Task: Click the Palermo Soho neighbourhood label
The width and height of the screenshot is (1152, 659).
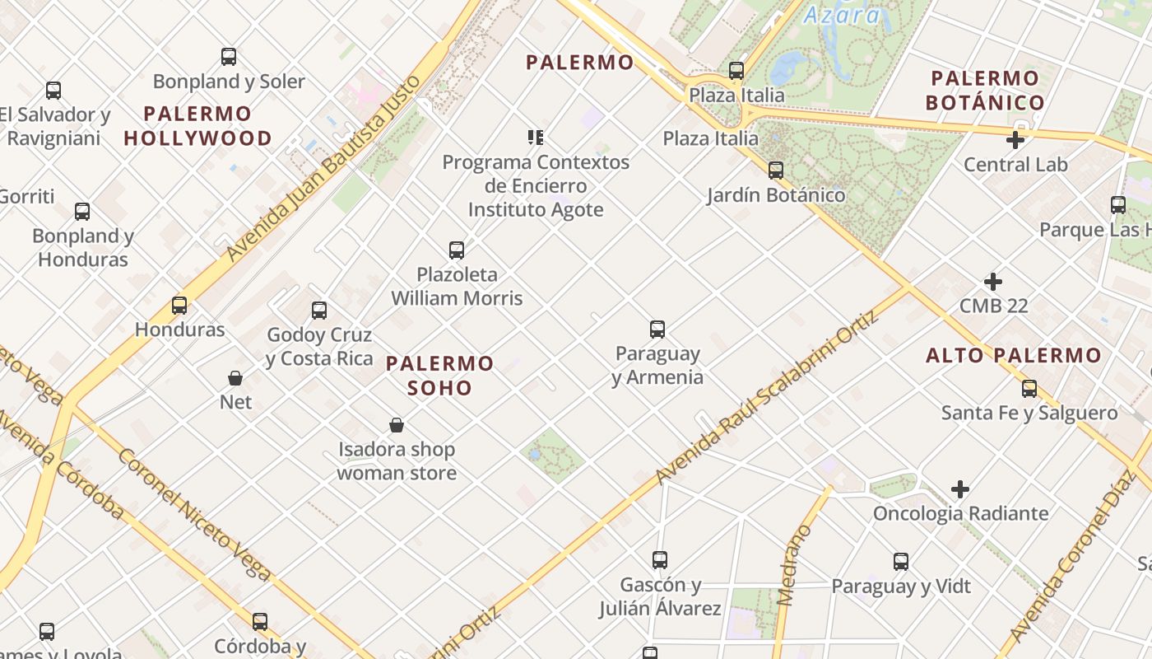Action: click(439, 375)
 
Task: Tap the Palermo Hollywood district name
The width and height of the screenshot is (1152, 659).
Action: click(197, 125)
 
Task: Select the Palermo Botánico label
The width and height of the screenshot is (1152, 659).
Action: click(985, 91)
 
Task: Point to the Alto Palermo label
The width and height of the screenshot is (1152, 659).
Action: click(1013, 355)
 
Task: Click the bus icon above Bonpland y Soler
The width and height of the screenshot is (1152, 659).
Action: click(229, 57)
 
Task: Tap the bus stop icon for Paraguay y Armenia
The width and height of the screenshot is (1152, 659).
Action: click(657, 329)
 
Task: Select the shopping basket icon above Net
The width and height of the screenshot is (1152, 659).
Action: click(235, 378)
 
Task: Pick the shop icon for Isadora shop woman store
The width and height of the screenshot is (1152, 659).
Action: click(397, 425)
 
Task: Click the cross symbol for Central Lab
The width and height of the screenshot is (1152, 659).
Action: click(1015, 140)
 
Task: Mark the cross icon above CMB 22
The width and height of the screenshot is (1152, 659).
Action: click(993, 282)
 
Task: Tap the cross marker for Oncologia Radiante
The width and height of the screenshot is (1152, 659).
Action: click(959, 489)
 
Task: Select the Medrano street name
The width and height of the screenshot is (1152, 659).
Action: click(792, 564)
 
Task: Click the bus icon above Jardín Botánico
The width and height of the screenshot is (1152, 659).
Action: click(776, 171)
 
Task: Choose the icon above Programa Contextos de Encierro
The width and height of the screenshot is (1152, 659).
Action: click(536, 137)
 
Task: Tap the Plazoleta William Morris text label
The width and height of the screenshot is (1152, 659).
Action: click(457, 286)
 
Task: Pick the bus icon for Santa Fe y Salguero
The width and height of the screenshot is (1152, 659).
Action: click(1029, 389)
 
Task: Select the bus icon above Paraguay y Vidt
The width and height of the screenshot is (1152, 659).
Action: click(901, 562)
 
